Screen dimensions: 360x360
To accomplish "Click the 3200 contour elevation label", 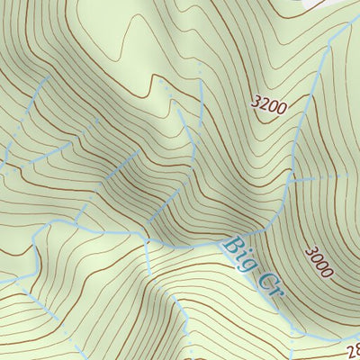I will click(269, 106).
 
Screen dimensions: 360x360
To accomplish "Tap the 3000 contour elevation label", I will click(318, 261).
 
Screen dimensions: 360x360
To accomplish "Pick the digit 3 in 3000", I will click(309, 249).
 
